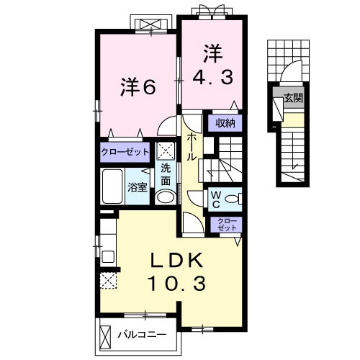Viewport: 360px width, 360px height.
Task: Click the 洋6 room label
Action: (138, 86)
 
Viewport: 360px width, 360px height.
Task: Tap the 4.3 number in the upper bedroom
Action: (212, 76)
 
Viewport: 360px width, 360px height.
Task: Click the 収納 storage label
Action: (225, 123)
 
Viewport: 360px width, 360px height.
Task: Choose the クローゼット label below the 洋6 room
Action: (125, 152)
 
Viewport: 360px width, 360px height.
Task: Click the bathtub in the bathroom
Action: (113, 186)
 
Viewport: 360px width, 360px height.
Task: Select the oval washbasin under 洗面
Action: (166, 197)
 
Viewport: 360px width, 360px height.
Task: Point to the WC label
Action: (216, 199)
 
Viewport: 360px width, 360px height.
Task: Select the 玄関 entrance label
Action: (292, 97)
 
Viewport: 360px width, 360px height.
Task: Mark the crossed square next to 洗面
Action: (166, 152)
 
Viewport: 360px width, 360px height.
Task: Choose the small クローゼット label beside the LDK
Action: (226, 223)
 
